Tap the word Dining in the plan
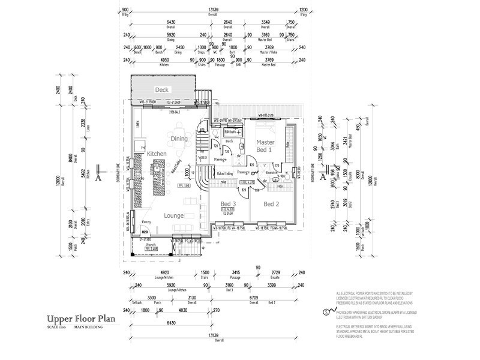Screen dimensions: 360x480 click(179, 139)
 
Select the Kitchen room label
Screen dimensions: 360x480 click(156, 154)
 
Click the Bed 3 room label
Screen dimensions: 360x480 click(228, 205)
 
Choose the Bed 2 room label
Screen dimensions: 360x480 click(274, 205)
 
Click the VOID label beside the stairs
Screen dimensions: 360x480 click(202, 157)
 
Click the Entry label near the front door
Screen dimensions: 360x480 click(145, 221)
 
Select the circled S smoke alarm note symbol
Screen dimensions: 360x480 click(326, 311)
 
